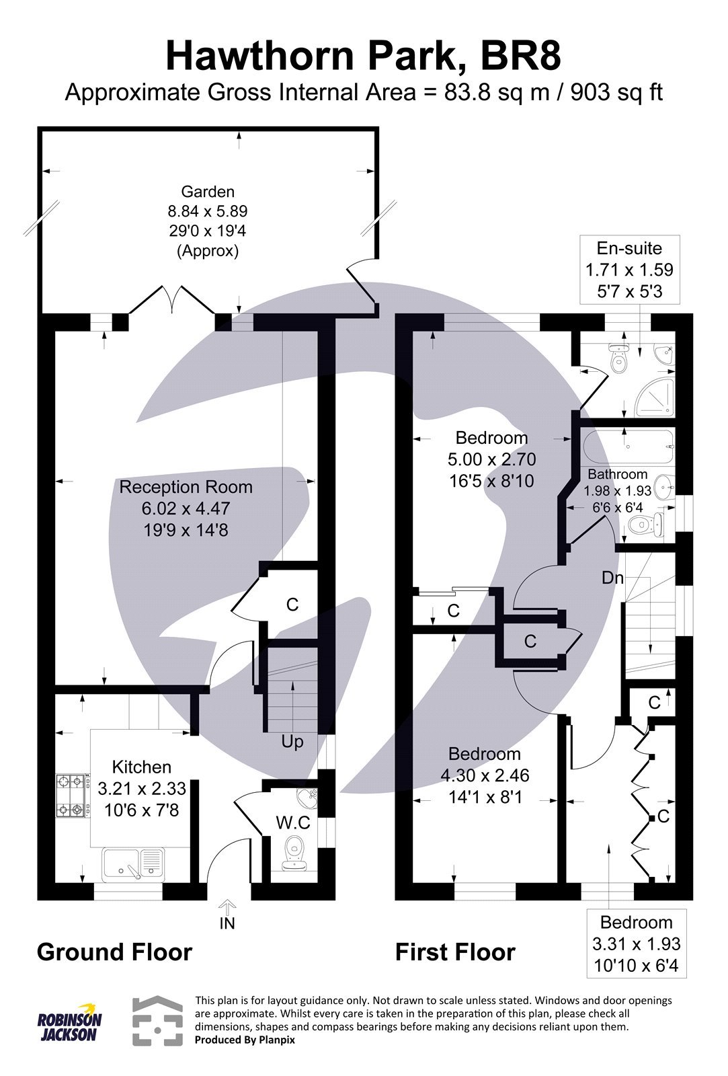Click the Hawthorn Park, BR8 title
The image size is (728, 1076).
[x=363, y=56]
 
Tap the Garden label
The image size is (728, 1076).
[x=207, y=192]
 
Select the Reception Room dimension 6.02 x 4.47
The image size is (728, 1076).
[x=186, y=509]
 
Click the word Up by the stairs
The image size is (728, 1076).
[x=292, y=741]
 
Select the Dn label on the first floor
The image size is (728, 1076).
[x=612, y=578]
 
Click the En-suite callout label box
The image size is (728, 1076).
[x=629, y=270]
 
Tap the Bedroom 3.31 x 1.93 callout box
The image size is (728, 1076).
[x=636, y=944]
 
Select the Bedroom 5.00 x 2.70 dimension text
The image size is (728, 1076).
[x=491, y=460]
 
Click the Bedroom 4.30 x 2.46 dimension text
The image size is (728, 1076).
[x=485, y=775]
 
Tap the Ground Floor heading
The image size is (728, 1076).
[x=114, y=952]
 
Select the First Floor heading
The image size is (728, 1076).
[x=455, y=952]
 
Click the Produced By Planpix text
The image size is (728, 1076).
[x=245, y=1040]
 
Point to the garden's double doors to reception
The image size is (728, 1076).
[x=173, y=301]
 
